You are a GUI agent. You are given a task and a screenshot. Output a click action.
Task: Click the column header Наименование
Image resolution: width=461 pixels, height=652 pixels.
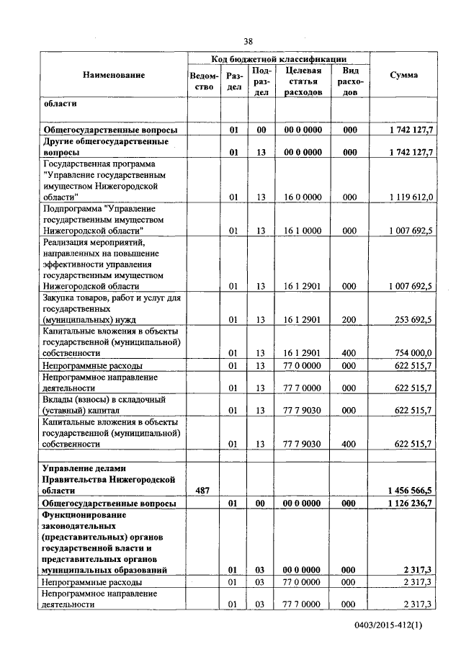pos(113,75)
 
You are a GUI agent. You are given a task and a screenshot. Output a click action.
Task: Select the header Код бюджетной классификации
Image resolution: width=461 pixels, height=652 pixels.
pos(279,58)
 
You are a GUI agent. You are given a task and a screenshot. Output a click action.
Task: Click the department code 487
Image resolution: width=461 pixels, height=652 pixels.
pos(203,490)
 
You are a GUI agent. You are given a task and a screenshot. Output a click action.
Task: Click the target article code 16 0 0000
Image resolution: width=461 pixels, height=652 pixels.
pos(303,196)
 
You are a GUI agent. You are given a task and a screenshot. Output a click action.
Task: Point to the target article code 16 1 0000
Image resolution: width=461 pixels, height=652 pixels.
pos(303,231)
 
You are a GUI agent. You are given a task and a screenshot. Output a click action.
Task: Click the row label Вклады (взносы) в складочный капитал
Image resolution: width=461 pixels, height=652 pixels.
pos(104,405)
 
